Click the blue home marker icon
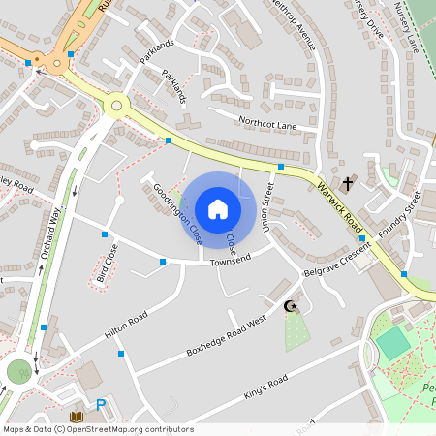tap(218, 209)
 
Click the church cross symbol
tap(349, 181)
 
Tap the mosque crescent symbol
tap(289, 307)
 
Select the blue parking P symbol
tap(99, 406)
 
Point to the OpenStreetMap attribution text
tap(98, 428)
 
